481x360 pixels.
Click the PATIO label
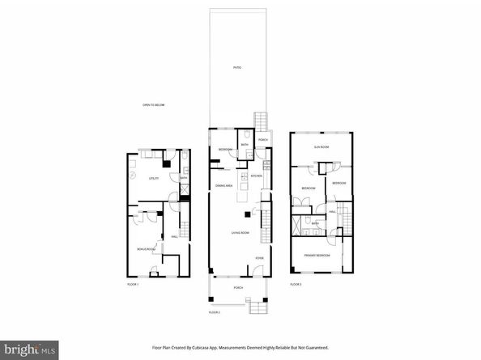(x=237, y=67)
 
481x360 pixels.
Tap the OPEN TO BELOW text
(x=154, y=105)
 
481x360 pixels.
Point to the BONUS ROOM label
(x=146, y=248)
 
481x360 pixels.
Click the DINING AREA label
(x=224, y=187)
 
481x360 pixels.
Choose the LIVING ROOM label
(x=239, y=233)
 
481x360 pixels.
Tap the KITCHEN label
(x=256, y=176)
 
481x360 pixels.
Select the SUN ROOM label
(x=321, y=146)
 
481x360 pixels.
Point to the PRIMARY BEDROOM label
(x=317, y=256)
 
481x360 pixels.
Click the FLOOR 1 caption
(x=134, y=285)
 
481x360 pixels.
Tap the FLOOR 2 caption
(x=214, y=312)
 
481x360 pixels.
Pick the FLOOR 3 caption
(x=296, y=285)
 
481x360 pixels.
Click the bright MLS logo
(x=32, y=349)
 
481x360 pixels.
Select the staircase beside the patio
(x=261, y=121)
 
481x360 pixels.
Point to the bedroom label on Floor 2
(x=225, y=150)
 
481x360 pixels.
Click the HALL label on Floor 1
(x=174, y=237)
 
